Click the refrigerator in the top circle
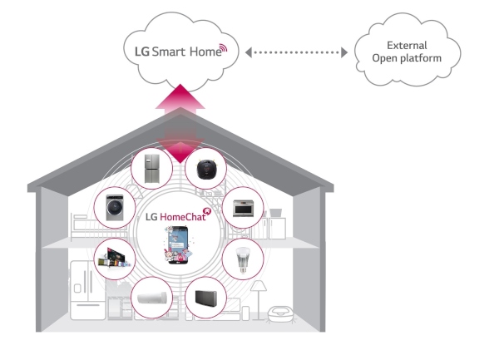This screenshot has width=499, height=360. click(152, 169)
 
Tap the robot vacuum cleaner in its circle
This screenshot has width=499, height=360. click(206, 169)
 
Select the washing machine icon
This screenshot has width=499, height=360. click(115, 208)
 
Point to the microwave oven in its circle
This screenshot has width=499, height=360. click(243, 208)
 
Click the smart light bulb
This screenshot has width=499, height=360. click(243, 259)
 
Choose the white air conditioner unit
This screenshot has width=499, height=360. click(152, 298)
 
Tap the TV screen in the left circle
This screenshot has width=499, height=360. click(114, 258)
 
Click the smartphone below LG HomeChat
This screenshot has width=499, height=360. click(178, 244)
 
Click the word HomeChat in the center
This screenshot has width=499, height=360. click(183, 217)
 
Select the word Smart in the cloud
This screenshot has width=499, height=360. click(169, 52)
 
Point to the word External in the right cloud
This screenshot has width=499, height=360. click(407, 46)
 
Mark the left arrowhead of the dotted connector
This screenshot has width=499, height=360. click(249, 52)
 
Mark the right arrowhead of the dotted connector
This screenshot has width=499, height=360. click(344, 52)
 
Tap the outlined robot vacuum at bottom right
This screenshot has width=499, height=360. click(280, 314)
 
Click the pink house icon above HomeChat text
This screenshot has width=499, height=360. click(207, 210)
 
